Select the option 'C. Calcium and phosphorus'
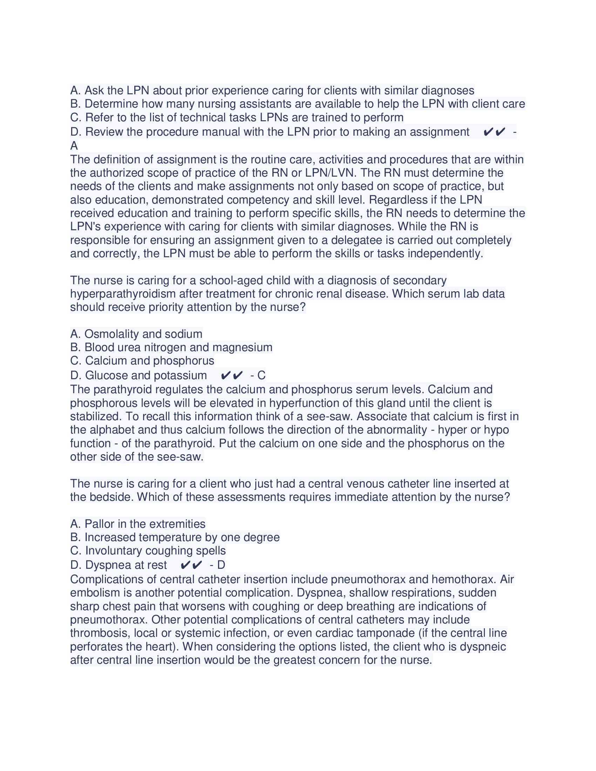tap(142, 360)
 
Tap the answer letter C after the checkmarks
tap(261, 375)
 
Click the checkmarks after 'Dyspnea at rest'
tap(191, 565)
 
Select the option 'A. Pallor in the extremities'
tap(138, 524)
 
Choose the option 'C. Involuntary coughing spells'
tap(148, 550)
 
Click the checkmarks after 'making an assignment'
tap(494, 132)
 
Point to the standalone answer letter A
tap(74, 145)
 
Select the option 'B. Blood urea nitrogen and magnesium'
tap(171, 347)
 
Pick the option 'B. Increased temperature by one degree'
tap(175, 537)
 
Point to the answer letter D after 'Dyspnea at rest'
tap(221, 565)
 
